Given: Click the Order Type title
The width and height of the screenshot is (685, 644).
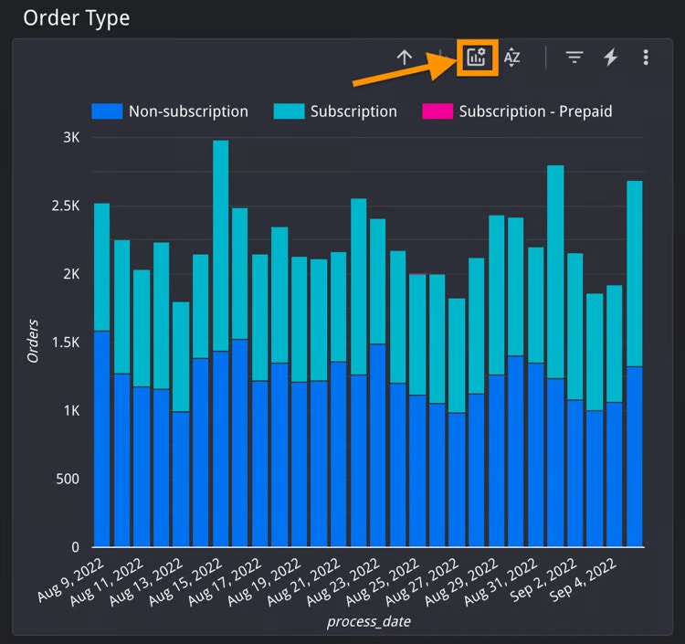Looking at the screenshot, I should click(77, 17).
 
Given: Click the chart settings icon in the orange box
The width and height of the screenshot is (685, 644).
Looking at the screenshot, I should click(476, 58).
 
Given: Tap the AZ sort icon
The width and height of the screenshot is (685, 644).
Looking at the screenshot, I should click(512, 58).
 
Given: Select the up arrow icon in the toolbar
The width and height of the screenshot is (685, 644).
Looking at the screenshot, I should click(405, 58).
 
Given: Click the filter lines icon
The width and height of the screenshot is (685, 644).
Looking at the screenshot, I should click(574, 58).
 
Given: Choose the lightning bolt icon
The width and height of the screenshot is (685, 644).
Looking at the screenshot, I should click(611, 58).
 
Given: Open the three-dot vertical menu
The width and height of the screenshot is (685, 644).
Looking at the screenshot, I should click(646, 58).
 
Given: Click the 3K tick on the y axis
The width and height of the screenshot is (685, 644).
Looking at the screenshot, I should click(71, 138).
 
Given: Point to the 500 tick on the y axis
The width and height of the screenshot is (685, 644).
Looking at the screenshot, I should click(67, 479).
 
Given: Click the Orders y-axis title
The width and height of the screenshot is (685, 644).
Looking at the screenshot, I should click(33, 341).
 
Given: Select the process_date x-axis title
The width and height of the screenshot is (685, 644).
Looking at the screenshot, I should click(369, 622).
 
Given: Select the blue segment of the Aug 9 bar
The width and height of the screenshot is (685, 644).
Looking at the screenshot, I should click(101, 438).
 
